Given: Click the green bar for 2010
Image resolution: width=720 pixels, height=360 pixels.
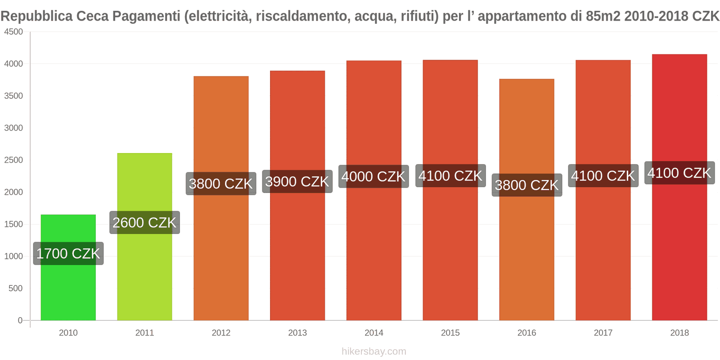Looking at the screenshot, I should [x=68, y=288].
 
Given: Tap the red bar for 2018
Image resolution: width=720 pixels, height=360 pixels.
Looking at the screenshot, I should [x=679, y=247].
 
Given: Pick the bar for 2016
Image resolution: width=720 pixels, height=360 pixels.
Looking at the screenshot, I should [x=526, y=252].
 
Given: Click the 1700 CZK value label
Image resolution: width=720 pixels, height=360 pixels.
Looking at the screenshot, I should [x=68, y=253].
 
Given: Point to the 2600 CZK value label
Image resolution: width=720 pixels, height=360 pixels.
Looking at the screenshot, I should [x=144, y=222].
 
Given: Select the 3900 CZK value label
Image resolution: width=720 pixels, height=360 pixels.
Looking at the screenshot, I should [x=297, y=181].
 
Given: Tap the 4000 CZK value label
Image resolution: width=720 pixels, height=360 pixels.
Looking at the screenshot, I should [x=373, y=176].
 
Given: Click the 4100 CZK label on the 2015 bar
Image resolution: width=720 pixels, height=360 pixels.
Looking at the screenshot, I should [x=450, y=175].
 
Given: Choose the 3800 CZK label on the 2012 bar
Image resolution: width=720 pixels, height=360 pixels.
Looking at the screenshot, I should [x=221, y=184].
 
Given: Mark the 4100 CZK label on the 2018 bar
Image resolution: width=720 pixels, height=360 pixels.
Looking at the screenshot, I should [x=679, y=173].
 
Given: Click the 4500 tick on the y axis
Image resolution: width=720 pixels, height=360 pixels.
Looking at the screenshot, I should [x=13, y=32].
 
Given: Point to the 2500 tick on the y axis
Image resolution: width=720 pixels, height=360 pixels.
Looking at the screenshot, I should [x=13, y=160].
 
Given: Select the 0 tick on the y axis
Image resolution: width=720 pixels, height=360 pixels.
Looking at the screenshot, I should [x=20, y=320].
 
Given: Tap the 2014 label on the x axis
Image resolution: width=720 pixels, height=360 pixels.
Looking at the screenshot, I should [x=373, y=333].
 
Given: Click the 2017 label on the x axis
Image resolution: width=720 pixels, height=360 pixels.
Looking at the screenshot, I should [x=603, y=333].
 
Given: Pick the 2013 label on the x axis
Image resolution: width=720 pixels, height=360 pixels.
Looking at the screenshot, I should [x=297, y=333].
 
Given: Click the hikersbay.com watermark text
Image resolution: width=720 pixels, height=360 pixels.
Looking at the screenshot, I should [x=373, y=351].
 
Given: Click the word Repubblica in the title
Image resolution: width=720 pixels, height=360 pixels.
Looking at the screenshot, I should [x=36, y=16].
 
